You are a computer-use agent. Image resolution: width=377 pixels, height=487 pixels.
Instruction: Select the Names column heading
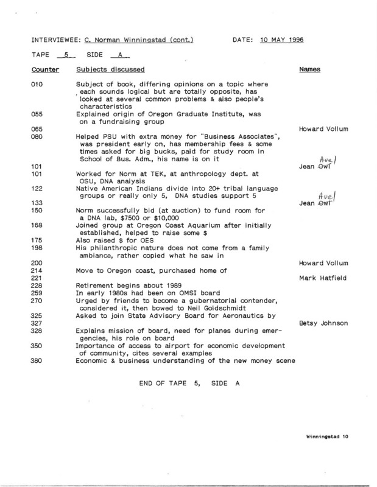click(311, 70)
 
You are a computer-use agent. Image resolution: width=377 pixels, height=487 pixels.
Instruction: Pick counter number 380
click(38, 360)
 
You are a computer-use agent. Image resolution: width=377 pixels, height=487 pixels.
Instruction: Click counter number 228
click(38, 286)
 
